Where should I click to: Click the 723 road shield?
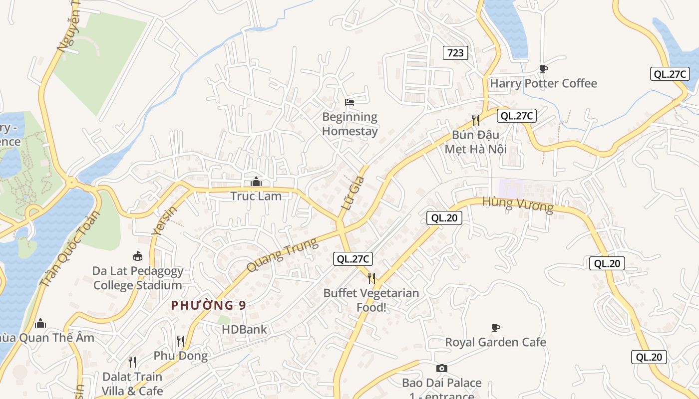455,52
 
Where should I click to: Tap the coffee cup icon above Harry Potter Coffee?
544,69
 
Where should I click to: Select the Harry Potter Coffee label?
543,83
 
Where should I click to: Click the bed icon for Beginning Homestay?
349,102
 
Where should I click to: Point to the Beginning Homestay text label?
349,124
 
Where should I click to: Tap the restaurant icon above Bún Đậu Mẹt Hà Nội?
476,120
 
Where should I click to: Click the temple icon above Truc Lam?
256,182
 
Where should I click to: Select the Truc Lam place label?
256,196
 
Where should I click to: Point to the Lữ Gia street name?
353,192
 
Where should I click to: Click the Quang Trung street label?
282,255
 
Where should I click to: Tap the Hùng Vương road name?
518,204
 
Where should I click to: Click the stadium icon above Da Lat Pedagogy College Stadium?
138,256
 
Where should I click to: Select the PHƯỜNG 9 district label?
209,305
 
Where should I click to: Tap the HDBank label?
245,329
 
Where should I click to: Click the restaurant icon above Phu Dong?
181,341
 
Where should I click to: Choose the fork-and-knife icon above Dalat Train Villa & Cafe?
132,362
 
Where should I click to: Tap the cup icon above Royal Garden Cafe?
496,328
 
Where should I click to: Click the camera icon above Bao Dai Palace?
442,369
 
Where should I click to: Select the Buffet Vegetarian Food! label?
371,300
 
